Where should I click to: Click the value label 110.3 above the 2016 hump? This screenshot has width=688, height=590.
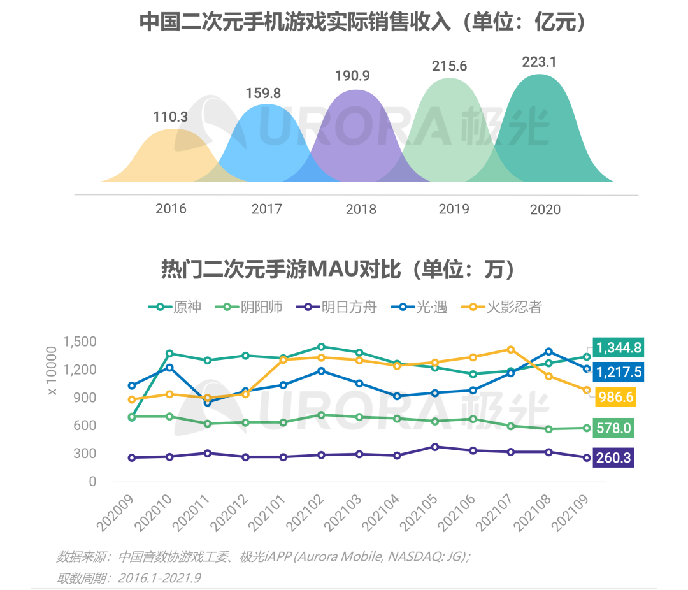(x=170, y=117)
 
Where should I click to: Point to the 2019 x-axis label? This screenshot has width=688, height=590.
(x=454, y=209)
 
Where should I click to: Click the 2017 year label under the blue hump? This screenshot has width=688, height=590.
(x=267, y=209)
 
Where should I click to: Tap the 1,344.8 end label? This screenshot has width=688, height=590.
(x=618, y=348)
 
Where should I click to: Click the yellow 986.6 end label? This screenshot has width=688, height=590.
(x=615, y=398)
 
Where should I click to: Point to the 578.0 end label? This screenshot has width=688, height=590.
(x=613, y=428)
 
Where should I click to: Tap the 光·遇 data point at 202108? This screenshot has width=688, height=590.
(x=548, y=352)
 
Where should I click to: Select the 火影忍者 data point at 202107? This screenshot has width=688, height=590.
(x=510, y=349)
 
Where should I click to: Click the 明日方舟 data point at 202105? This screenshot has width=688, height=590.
(x=434, y=447)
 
